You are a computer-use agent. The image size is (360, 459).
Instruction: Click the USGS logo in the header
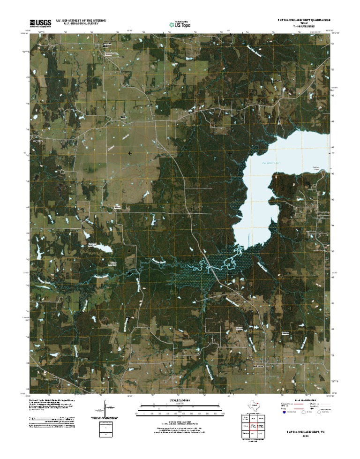[x=41, y=23]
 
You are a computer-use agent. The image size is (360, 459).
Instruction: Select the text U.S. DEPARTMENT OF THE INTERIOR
[x=80, y=20]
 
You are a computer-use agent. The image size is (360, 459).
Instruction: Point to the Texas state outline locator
[x=254, y=405]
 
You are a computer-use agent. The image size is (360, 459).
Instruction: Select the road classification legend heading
[x=304, y=399]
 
